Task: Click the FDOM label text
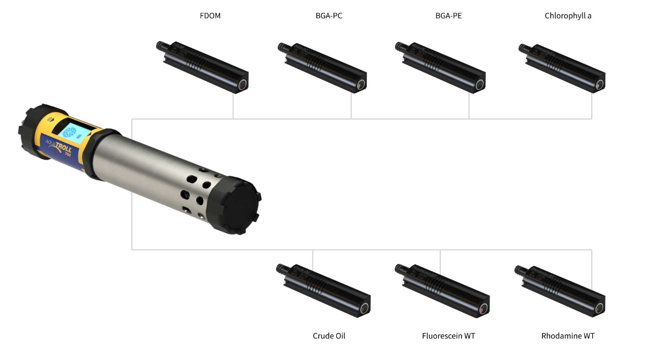tap(210, 16)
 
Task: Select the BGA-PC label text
tap(329, 16)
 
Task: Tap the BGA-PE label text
tap(448, 16)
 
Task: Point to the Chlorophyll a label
tap(568, 16)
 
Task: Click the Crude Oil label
tap(329, 336)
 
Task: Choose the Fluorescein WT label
tap(448, 336)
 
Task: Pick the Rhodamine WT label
tap(568, 336)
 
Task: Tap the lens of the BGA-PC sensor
tap(361, 85)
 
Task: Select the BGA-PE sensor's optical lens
tap(479, 85)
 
